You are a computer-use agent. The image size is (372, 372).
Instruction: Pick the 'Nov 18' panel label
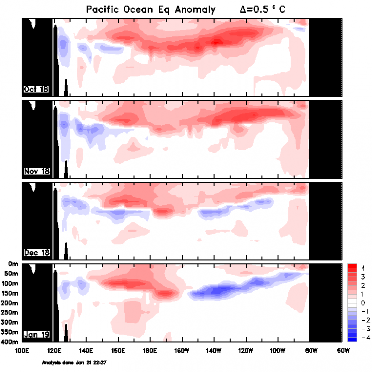[37, 172]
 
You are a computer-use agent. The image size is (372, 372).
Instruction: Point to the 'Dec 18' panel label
[37, 253]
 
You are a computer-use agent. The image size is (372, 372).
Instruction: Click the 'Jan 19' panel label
[36, 335]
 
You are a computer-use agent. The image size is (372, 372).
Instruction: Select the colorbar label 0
[363, 302]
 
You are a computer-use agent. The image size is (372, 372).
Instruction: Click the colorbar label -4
[362, 337]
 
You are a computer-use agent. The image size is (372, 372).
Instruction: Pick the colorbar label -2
[362, 320]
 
